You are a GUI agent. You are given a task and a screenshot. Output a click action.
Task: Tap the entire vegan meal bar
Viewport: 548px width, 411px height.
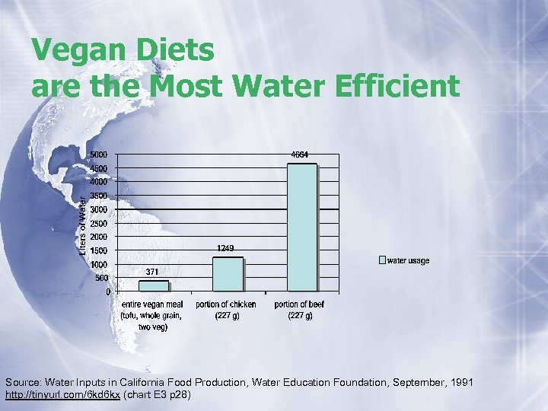pos(154,286)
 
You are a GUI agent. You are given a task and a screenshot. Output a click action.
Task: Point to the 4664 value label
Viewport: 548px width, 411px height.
pos(300,155)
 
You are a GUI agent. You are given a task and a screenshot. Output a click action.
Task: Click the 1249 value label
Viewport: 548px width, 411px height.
pos(225,248)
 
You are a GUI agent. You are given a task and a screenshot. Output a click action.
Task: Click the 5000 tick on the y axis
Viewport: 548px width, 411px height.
pos(98,155)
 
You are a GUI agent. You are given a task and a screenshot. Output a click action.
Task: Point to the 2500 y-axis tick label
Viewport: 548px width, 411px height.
pos(98,223)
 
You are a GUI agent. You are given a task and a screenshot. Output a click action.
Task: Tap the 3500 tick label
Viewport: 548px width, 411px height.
pos(98,196)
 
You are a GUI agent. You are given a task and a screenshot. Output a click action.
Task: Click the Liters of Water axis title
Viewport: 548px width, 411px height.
pos(83,205)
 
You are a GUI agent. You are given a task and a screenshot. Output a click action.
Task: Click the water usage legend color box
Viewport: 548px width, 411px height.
pos(383,260)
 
